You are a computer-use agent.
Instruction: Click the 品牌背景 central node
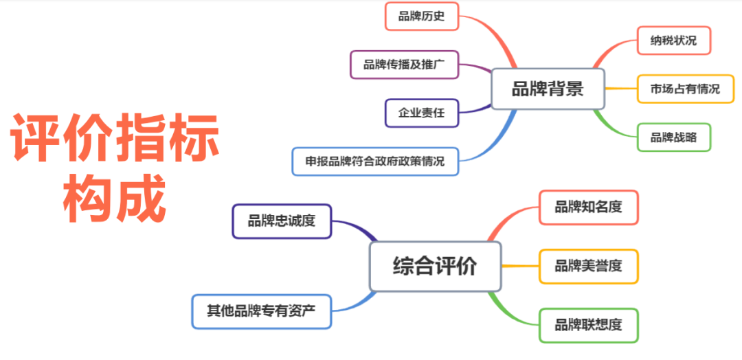[548, 89]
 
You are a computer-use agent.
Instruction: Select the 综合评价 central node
[435, 267]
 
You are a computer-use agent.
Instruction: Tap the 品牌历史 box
[422, 16]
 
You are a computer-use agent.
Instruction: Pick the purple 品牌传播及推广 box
[404, 65]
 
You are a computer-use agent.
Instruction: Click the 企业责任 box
[422, 113]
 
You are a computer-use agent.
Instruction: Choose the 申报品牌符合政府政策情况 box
[375, 161]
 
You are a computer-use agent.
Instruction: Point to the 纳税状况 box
[674, 41]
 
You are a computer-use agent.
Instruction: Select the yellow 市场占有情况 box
[685, 89]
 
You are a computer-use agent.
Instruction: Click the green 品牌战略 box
[674, 137]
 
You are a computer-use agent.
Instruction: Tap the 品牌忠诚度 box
[282, 221]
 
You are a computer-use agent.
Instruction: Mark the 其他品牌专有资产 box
[262, 311]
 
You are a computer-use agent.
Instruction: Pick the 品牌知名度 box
[589, 207]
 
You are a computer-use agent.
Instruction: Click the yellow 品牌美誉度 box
[589, 267]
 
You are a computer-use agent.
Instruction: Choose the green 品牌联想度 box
[589, 326]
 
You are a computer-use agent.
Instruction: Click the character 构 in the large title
[89, 198]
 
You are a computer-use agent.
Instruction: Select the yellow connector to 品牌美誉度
[520, 267]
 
